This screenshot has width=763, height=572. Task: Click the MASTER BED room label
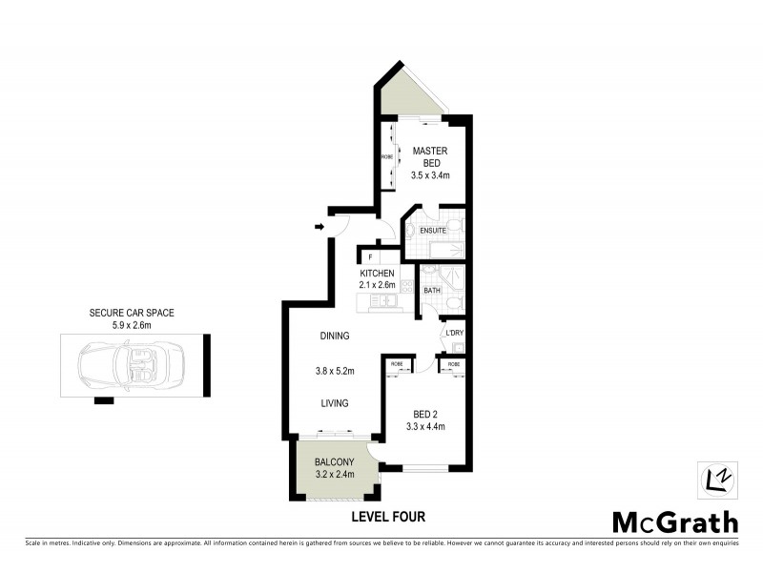(430, 157)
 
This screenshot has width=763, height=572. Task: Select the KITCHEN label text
(377, 274)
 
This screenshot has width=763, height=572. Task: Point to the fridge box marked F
(369, 256)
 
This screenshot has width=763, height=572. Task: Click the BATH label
(431, 290)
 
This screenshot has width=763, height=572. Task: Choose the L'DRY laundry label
(455, 333)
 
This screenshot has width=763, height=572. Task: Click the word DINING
(335, 336)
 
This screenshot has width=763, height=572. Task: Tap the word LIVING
(335, 402)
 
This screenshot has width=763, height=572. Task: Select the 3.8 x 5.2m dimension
(335, 370)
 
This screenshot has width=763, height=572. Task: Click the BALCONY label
(335, 462)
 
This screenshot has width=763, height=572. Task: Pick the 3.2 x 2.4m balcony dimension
(335, 474)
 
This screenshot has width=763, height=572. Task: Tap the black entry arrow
(319, 227)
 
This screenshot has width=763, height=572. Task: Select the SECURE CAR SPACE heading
(133, 313)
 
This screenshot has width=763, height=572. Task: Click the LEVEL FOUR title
(388, 517)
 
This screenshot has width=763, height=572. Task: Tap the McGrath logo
(674, 521)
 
